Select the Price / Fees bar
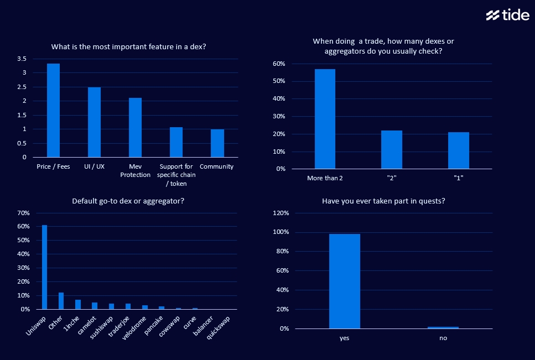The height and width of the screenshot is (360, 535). pyautogui.click(x=53, y=111)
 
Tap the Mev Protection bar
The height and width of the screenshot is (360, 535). pyautogui.click(x=136, y=128)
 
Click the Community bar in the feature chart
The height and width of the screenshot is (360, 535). pyautogui.click(x=217, y=143)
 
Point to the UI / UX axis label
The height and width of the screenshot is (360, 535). pyautogui.click(x=94, y=166)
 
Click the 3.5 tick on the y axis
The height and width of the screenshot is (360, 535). pyautogui.click(x=22, y=59)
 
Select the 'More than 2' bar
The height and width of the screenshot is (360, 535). pyautogui.click(x=325, y=119)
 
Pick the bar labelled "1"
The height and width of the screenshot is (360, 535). pyautogui.click(x=459, y=150)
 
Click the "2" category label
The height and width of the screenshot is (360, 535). pyautogui.click(x=392, y=178)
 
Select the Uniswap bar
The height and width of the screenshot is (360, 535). pyautogui.click(x=45, y=267)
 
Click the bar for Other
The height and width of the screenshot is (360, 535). pyautogui.click(x=61, y=301)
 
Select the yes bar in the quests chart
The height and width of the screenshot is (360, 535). pyautogui.click(x=344, y=281)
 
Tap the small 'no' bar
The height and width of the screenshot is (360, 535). pyautogui.click(x=443, y=327)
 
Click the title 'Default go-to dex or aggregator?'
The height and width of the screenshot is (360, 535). pyautogui.click(x=128, y=201)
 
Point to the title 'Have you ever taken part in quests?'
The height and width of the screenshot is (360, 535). pyautogui.click(x=383, y=201)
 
